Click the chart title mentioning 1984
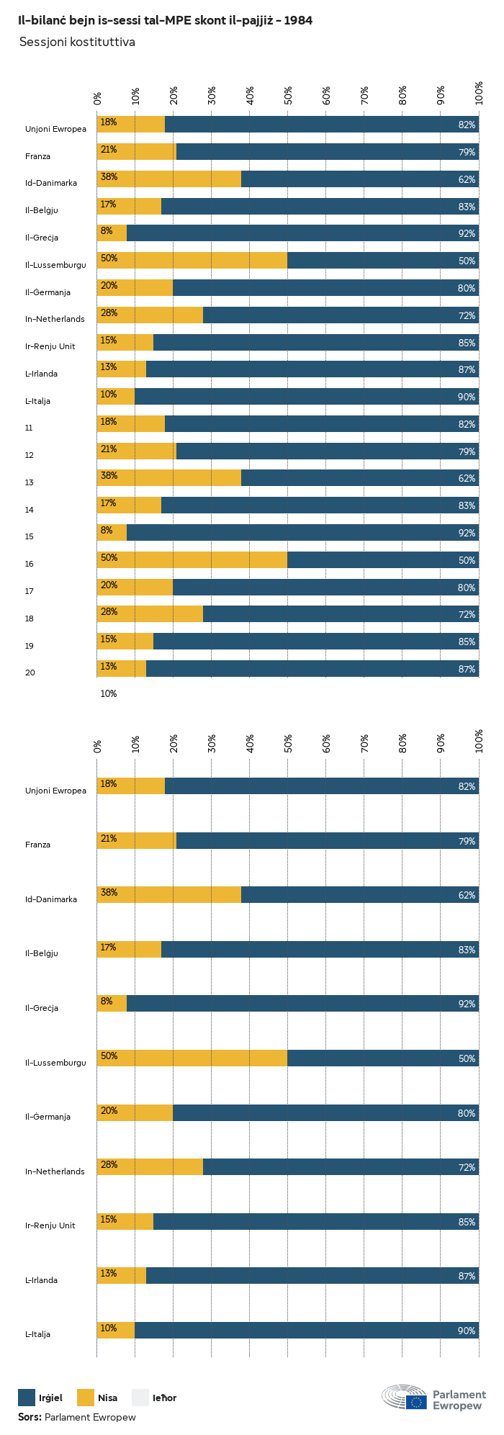point(166,21)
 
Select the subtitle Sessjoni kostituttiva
point(77,42)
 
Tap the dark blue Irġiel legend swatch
point(27,1398)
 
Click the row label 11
point(29,428)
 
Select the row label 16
point(29,564)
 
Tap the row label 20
point(30,672)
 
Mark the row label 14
point(29,510)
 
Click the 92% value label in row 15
point(467,533)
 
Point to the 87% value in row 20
point(467,669)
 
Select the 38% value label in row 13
point(109,476)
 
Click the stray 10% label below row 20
point(108,694)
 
